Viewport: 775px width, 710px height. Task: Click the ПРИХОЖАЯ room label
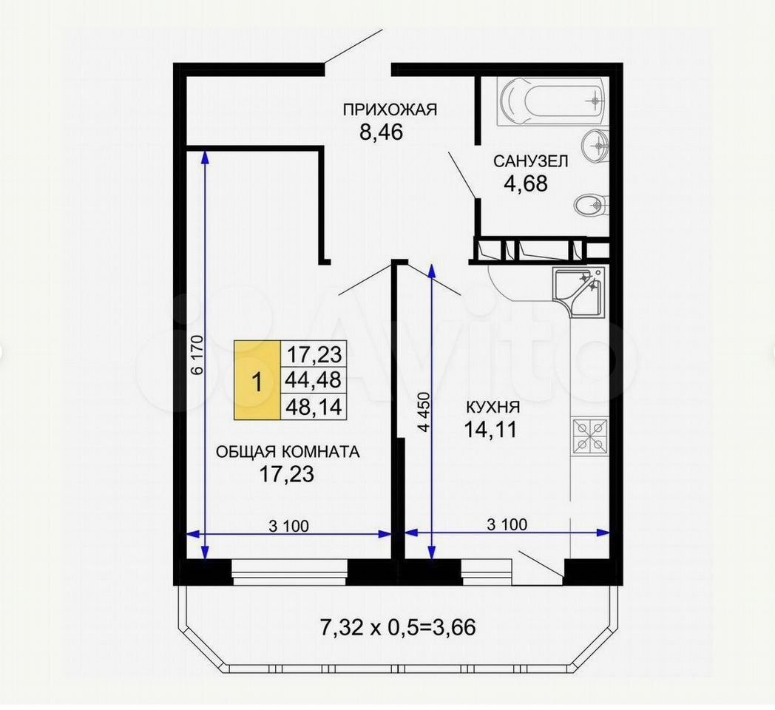(x=390, y=109)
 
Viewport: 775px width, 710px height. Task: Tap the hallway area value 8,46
(x=381, y=132)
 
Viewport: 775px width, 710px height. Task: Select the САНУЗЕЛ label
(x=530, y=161)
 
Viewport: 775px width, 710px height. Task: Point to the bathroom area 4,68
(x=525, y=183)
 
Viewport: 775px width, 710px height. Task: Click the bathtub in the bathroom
(x=552, y=102)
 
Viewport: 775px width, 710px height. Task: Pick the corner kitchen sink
(x=578, y=292)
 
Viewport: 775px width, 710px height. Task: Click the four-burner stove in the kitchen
(x=590, y=436)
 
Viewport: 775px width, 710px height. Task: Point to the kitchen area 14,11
(x=490, y=429)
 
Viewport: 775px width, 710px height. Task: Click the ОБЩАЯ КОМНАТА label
(x=288, y=451)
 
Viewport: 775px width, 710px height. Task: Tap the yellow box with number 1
(x=257, y=380)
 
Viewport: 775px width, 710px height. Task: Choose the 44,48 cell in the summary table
(x=314, y=379)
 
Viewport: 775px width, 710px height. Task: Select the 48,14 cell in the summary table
(x=314, y=407)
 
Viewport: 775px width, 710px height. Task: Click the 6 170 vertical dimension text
(x=197, y=354)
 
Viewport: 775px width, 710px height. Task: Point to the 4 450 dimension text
(x=424, y=413)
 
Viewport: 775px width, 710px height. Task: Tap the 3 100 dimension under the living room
(x=288, y=526)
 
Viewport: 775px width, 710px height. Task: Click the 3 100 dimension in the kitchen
(x=507, y=524)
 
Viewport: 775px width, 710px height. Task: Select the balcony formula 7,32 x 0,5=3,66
(x=398, y=627)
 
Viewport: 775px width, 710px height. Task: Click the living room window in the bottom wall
(x=290, y=572)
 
